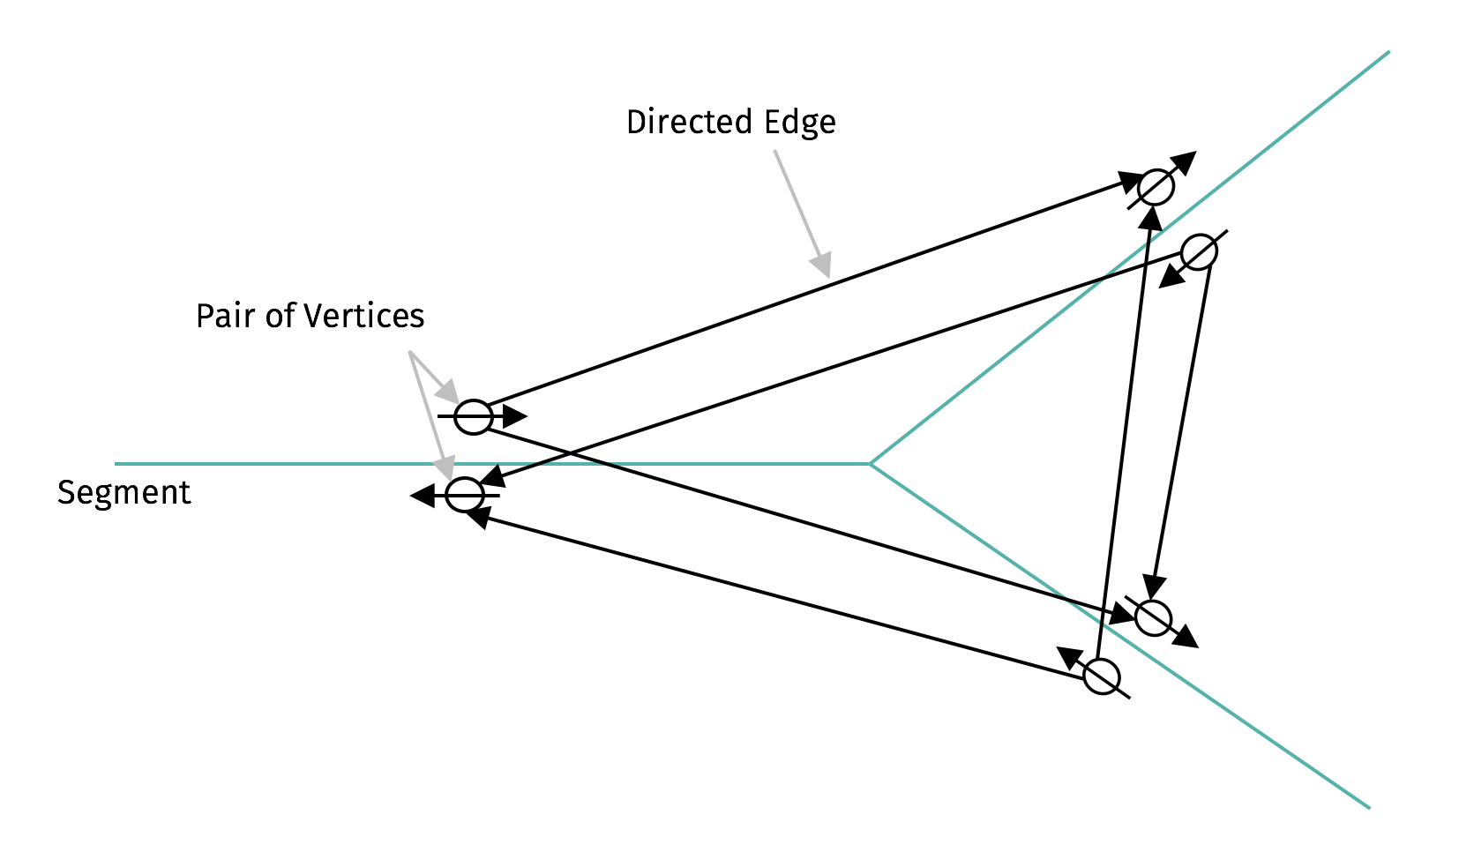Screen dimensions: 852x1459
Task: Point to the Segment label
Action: (123, 492)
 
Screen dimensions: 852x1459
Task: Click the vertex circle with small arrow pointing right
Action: (474, 416)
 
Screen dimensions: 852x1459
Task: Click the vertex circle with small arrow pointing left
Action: (464, 495)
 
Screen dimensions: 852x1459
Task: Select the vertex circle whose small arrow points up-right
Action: (1156, 187)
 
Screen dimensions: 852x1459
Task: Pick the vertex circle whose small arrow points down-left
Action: (1199, 252)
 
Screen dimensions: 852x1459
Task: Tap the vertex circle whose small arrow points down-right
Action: (1153, 617)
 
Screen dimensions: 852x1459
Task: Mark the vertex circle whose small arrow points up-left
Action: (1102, 677)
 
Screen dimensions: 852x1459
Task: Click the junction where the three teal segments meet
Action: (871, 463)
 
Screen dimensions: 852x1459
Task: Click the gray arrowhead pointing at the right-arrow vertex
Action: (449, 392)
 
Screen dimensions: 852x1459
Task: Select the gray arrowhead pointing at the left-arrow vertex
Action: (445, 467)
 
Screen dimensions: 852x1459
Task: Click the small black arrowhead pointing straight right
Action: (515, 416)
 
